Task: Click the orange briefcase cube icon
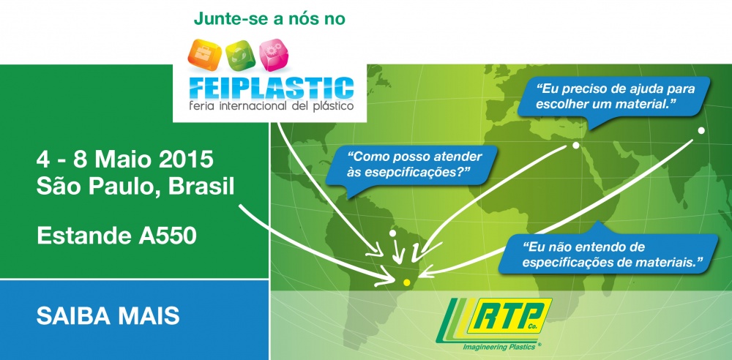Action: coord(203,54)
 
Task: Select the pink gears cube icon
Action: coord(274,55)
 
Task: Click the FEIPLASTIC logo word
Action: coord(272,88)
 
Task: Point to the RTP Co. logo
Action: coord(494,320)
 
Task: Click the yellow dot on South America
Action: coord(406,282)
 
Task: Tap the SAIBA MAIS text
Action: coord(108,317)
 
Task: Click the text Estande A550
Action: coord(116,236)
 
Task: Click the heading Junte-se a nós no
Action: coord(269,19)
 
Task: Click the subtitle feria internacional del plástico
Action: coord(272,106)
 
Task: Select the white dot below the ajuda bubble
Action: coord(575,145)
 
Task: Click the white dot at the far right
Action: coord(701,131)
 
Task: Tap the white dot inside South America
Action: coord(392,233)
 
